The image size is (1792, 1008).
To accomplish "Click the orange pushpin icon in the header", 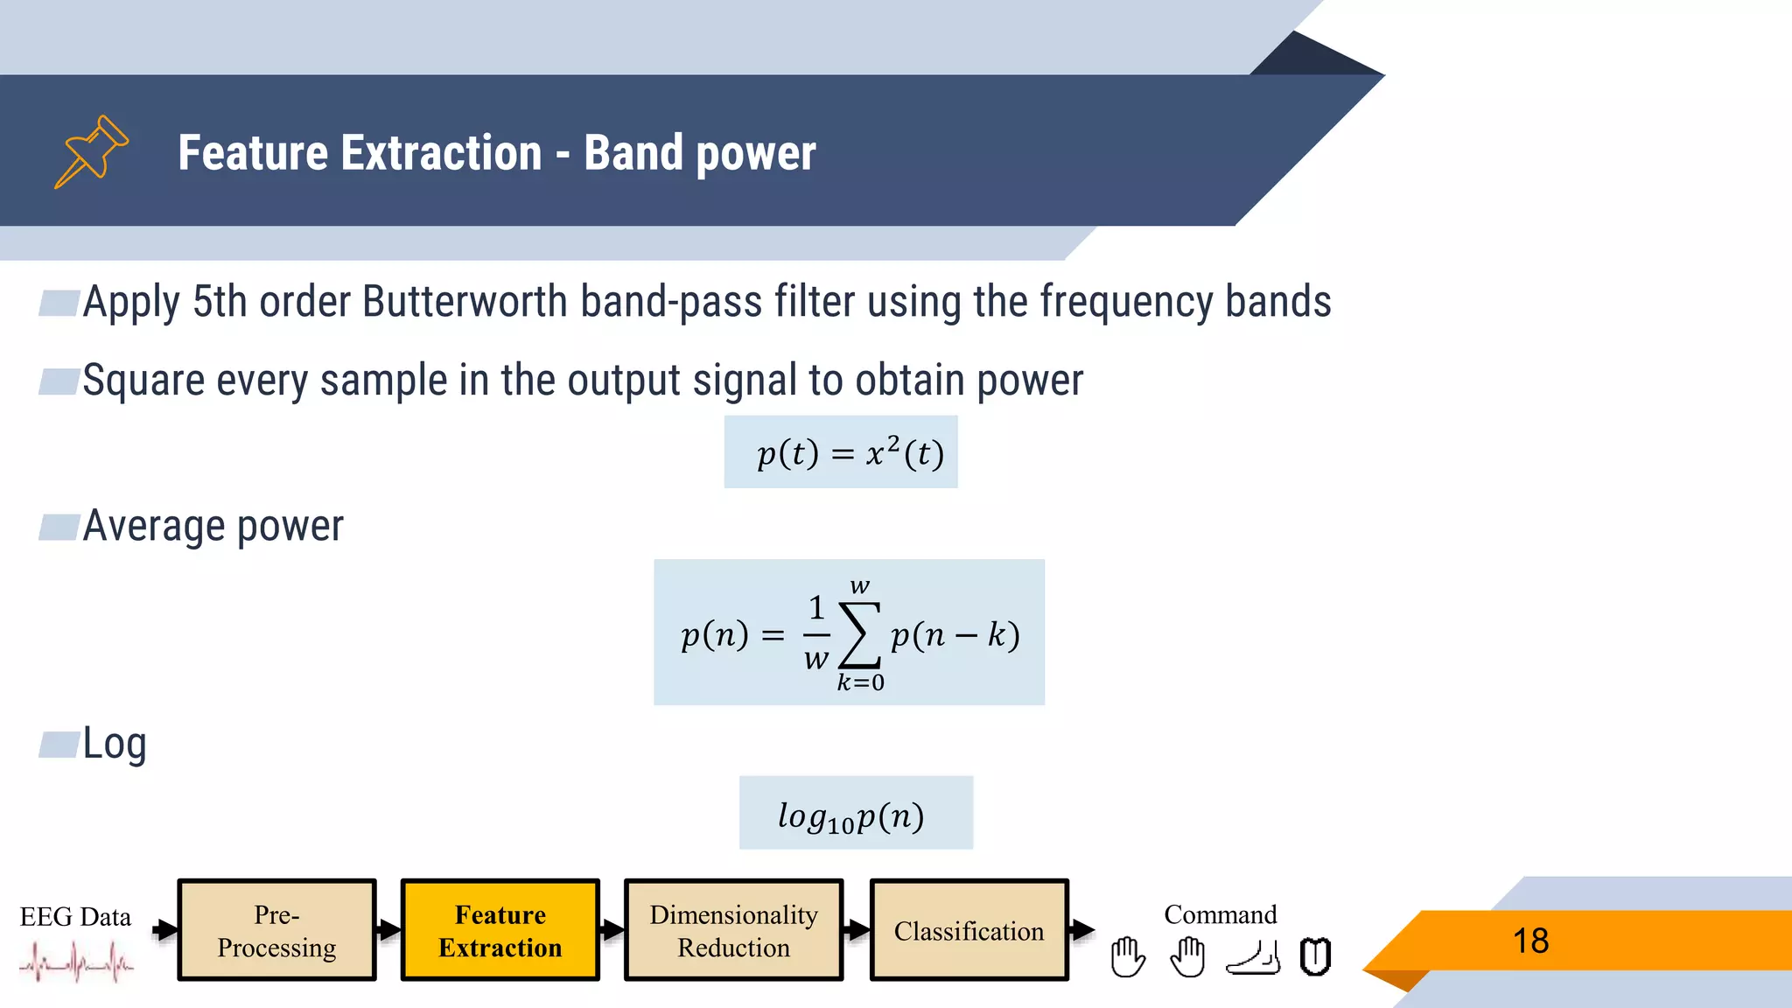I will click(x=91, y=150).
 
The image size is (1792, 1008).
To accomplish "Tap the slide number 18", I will click(x=1530, y=941).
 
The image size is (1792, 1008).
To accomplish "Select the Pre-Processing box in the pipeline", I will click(x=276, y=930).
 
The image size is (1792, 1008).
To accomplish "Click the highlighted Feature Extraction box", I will click(x=500, y=930).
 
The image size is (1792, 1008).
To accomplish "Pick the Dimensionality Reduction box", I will click(x=733, y=930).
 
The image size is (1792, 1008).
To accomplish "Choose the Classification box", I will click(x=969, y=930).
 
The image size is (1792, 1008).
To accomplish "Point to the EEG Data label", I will click(x=75, y=916).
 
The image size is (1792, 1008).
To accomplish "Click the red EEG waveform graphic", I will click(x=76, y=963).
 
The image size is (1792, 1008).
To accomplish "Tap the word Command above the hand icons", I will click(x=1220, y=914).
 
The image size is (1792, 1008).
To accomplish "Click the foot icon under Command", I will click(x=1253, y=958).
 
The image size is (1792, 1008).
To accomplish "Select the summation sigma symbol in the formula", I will click(x=859, y=634).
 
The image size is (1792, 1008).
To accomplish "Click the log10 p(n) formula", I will click(x=851, y=815).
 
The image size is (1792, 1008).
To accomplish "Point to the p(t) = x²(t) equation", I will click(x=850, y=453).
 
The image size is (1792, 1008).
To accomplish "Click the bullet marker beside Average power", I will click(x=59, y=528).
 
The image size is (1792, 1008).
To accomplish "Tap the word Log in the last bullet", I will click(x=115, y=744).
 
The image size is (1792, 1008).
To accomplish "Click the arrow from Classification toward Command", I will click(x=1082, y=930).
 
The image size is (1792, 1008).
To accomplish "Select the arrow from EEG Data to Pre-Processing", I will click(x=164, y=930).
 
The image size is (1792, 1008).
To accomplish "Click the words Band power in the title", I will click(x=699, y=153).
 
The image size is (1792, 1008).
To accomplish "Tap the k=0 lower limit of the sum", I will click(x=860, y=682).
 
